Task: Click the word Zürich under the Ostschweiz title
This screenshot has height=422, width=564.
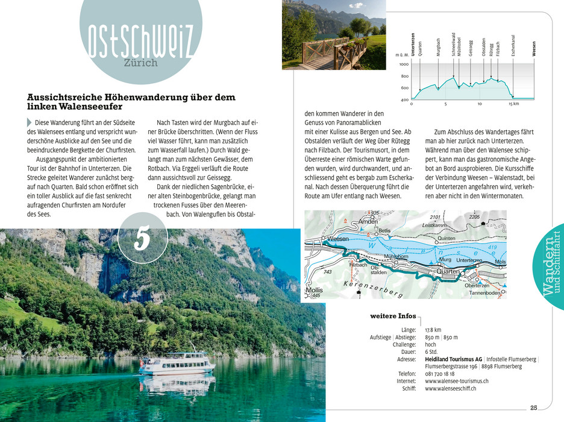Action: click(x=141, y=63)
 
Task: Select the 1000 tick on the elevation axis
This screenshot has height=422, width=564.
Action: click(x=403, y=65)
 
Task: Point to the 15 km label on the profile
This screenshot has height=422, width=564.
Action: click(x=513, y=104)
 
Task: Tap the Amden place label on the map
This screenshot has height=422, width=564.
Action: click(x=368, y=222)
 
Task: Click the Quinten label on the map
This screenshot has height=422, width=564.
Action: click(x=446, y=239)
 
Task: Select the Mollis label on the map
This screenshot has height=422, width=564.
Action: click(x=315, y=290)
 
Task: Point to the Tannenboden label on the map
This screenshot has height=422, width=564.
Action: click(x=485, y=293)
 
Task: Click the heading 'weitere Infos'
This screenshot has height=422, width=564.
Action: click(x=393, y=316)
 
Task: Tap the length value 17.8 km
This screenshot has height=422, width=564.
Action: click(x=433, y=330)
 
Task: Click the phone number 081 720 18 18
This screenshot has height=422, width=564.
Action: click(x=440, y=374)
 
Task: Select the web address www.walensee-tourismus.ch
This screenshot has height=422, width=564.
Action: click(x=456, y=382)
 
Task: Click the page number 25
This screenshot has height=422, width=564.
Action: click(x=533, y=408)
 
